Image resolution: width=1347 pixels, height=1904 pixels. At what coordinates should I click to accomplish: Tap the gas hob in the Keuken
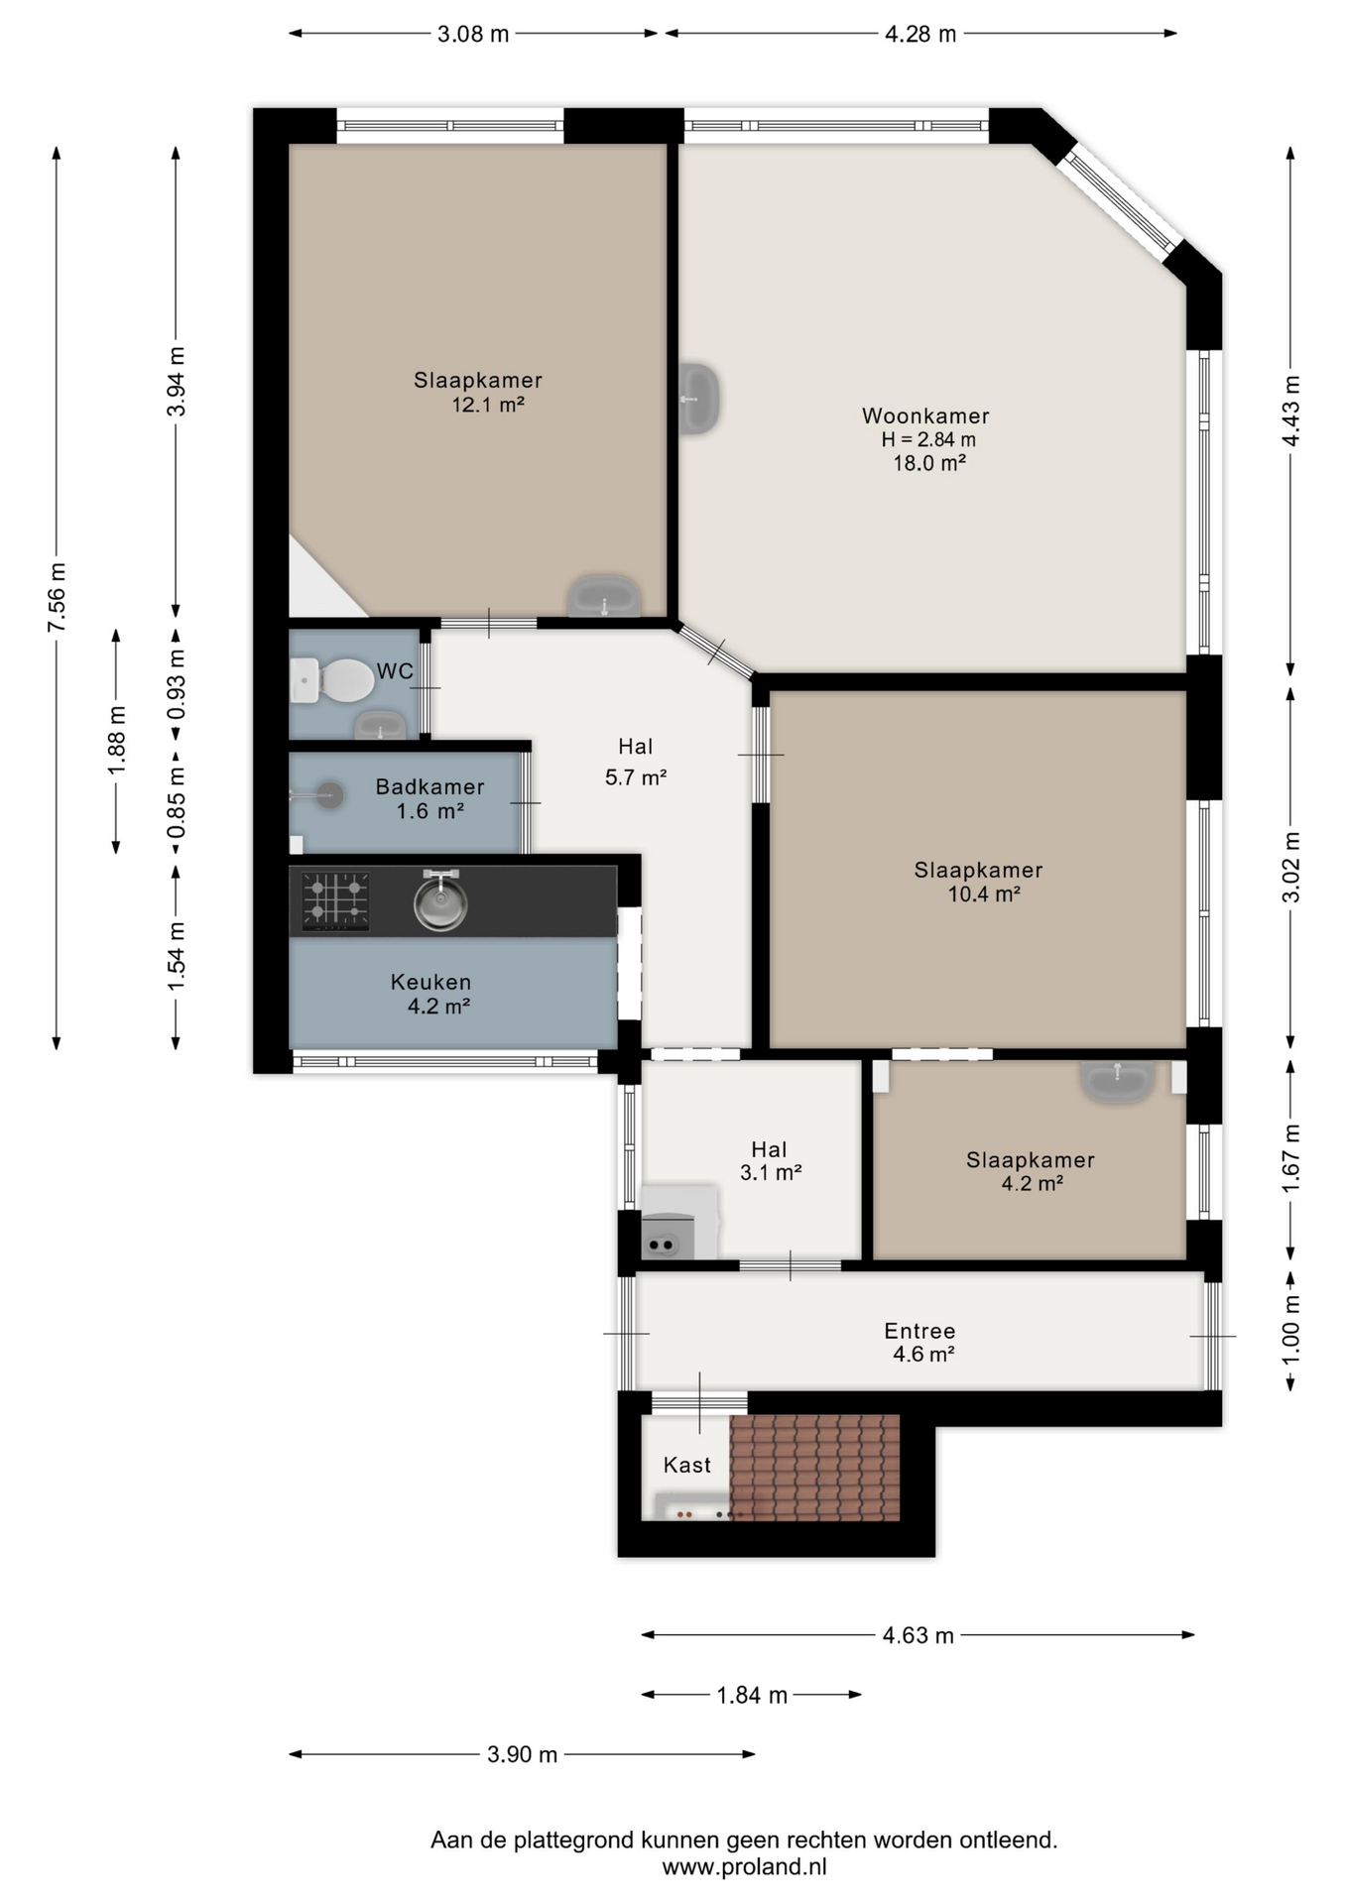point(335,901)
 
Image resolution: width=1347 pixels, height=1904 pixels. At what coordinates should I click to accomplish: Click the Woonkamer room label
point(925,416)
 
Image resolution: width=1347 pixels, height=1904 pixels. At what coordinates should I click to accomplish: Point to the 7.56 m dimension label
point(58,597)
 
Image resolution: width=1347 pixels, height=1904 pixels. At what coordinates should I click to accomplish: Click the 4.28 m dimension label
point(920,34)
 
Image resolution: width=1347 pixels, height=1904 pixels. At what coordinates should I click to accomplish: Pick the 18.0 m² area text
point(929,463)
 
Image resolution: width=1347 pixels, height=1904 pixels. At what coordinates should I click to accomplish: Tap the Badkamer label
point(429,786)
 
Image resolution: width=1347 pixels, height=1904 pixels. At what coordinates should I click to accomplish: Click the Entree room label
point(919,1331)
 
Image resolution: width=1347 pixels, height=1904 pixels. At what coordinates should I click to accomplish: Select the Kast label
point(687,1465)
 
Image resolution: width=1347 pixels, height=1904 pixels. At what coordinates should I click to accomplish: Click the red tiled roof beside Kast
point(814,1468)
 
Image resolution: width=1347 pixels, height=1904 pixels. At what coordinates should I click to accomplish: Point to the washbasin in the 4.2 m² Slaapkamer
point(1118,1081)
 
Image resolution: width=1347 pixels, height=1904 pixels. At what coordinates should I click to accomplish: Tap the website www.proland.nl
point(744,1867)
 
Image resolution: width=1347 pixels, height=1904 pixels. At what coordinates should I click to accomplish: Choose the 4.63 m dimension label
point(918,1635)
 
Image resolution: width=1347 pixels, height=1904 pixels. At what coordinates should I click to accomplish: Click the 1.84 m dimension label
point(752,1696)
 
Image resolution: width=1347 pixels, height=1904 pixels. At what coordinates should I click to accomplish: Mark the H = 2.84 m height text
point(928,439)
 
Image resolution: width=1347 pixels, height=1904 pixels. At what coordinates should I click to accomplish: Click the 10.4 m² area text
point(984,893)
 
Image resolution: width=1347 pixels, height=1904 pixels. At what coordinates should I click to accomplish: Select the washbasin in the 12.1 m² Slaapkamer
point(604,595)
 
